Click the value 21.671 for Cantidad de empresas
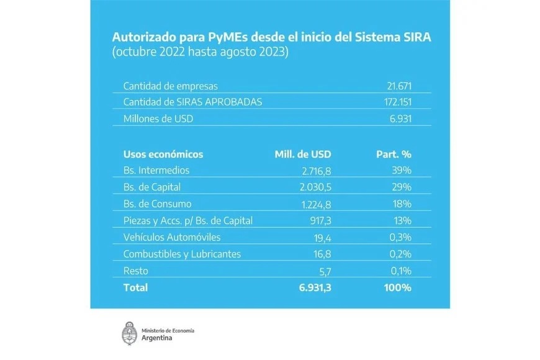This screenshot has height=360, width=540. pyautogui.click(x=398, y=86)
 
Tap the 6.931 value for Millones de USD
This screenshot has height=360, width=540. pyautogui.click(x=400, y=118)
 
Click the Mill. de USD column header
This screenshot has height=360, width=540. pyautogui.click(x=303, y=154)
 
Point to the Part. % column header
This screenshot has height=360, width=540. pyautogui.click(x=394, y=154)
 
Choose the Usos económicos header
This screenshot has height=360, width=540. pyautogui.click(x=163, y=154)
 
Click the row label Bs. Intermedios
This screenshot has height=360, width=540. pyautogui.click(x=156, y=170)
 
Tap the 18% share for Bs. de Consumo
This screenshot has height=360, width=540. pyautogui.click(x=402, y=204)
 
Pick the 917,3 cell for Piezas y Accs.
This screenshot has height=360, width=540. pyautogui.click(x=320, y=220)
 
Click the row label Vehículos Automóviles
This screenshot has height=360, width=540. pyautogui.click(x=171, y=237)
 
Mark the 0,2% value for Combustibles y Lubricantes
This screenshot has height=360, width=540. pyautogui.click(x=398, y=254)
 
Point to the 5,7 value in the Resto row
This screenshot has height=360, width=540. pyautogui.click(x=325, y=271)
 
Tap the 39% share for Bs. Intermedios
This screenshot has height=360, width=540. pyautogui.click(x=402, y=170)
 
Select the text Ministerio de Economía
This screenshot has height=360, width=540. pyautogui.click(x=168, y=330)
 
